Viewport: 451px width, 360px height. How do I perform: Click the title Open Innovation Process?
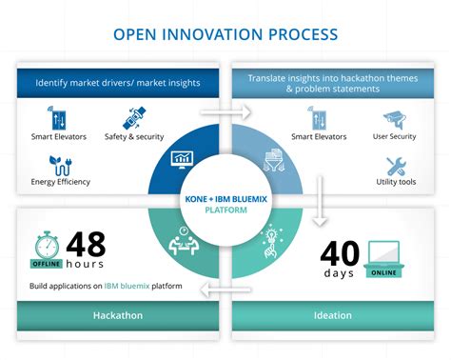click(225, 34)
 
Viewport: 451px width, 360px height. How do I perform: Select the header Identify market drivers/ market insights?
click(117, 85)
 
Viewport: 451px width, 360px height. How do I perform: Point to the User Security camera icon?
click(393, 119)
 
